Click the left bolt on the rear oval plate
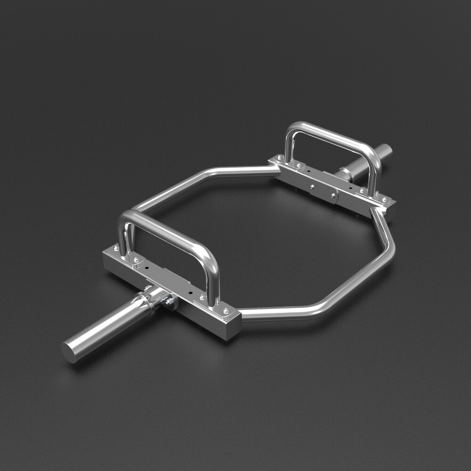pos(312,187)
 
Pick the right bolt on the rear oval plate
pos(333,194)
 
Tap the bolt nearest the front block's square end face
pos(226,311)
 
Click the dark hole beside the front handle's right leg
pos(190,292)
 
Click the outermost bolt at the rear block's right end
pos(384,200)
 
